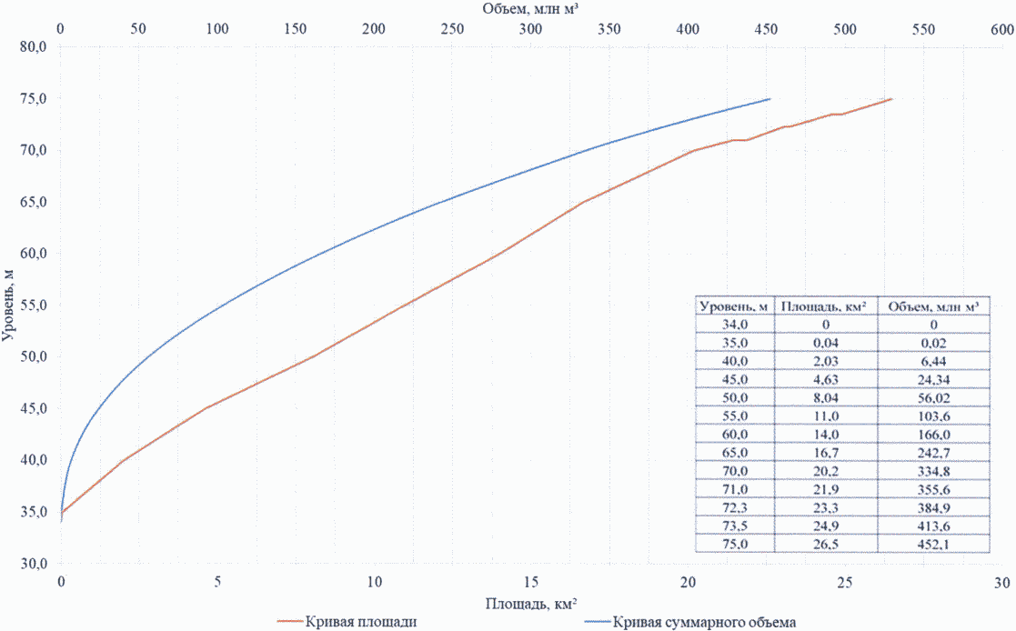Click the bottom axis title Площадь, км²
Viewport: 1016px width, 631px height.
pyautogui.click(x=531, y=603)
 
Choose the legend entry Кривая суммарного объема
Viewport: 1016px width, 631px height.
pyautogui.click(x=706, y=623)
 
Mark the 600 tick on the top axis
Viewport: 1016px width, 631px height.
pyautogui.click(x=1001, y=29)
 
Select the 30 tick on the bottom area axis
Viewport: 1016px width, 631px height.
pyautogui.click(x=1001, y=581)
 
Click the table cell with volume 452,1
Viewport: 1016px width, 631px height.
pyautogui.click(x=933, y=544)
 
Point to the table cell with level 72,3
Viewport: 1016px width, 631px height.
pyautogui.click(x=735, y=509)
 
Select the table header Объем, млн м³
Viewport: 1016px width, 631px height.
pyautogui.click(x=933, y=306)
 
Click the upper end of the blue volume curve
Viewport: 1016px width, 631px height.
pyautogui.click(x=770, y=98)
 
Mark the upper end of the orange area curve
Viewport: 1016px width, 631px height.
pyautogui.click(x=891, y=98)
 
